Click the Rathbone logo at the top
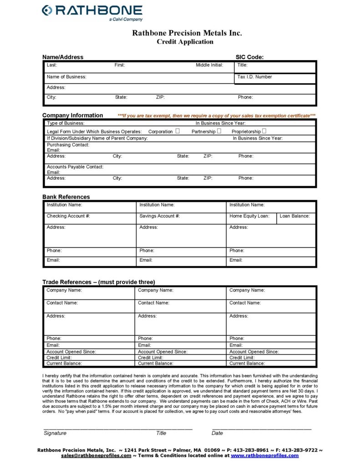tap(92, 12)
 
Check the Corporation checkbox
tap(177, 131)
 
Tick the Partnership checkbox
tap(219, 131)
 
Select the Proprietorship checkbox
tap(264, 131)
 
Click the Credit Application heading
tap(185, 42)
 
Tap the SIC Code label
tap(249, 57)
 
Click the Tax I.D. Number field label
tap(254, 77)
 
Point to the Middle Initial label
tap(209, 65)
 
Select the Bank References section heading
tap(66, 197)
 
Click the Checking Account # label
tap(68, 216)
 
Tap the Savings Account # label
tap(159, 216)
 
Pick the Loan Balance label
tap(294, 216)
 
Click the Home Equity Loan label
tap(249, 216)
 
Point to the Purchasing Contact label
tap(68, 145)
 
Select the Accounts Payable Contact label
tap(75, 167)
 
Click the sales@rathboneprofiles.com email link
tap(96, 456)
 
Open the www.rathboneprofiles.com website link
tap(264, 456)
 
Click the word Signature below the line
tap(55, 433)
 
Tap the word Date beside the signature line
tap(217, 433)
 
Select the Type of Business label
tap(66, 123)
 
